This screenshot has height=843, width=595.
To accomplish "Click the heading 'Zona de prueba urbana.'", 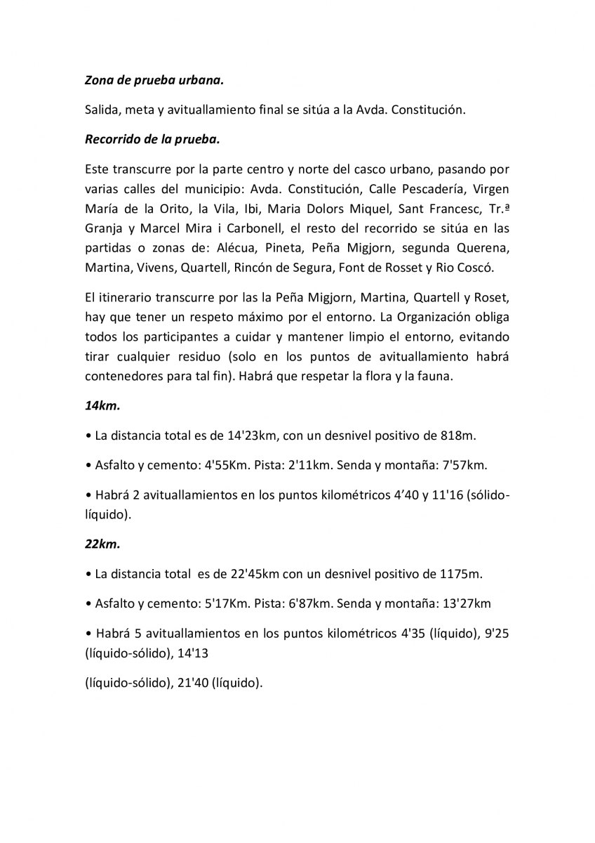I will click(154, 81).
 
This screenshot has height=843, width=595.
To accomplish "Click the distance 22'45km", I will click(255, 573).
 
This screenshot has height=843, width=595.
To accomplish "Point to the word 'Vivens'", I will click(155, 268).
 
